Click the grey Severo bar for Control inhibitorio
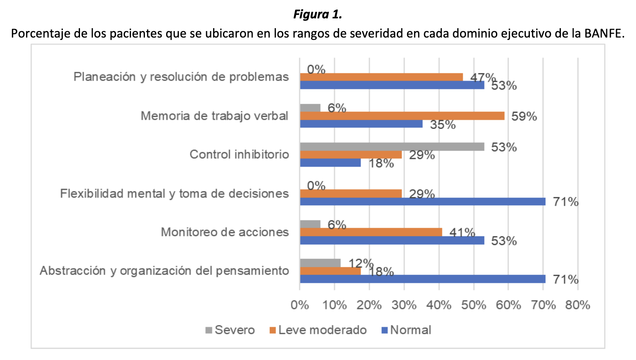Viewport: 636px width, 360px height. point(392,147)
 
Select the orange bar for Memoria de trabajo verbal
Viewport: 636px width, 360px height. point(402,116)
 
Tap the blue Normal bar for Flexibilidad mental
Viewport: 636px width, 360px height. point(423,202)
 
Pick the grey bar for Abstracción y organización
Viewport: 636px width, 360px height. point(320,263)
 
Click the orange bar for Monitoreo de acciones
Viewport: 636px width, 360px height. point(371,232)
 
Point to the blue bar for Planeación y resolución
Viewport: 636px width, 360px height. point(392,85)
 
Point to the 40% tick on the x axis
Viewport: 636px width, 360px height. point(439,305)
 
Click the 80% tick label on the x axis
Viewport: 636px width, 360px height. point(578,305)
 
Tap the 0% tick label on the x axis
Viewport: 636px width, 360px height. point(300,305)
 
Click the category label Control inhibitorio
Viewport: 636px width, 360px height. point(239,154)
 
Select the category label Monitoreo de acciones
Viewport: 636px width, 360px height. point(225,232)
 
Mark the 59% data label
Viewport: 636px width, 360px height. point(524,116)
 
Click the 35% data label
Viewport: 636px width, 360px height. point(443,124)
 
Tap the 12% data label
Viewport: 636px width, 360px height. point(361,263)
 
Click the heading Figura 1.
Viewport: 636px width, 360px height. point(318,15)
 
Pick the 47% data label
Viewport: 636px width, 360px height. point(483,78)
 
